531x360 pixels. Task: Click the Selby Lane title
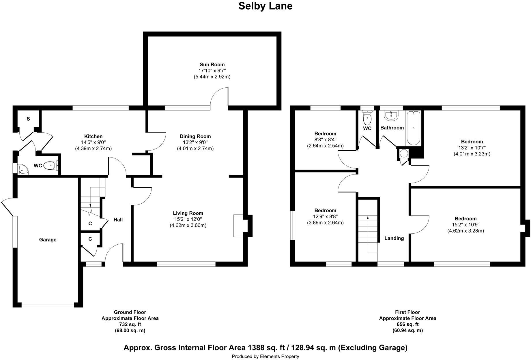(x=265, y=6)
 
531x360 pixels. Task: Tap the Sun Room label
(x=212, y=65)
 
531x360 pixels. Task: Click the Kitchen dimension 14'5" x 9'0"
(x=93, y=142)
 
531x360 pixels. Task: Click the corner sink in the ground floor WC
(x=22, y=169)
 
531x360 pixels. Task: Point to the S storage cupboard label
(x=28, y=119)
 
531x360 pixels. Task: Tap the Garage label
(x=48, y=240)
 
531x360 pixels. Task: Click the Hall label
(x=118, y=220)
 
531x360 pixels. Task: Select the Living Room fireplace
(x=238, y=226)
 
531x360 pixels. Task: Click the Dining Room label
(x=195, y=136)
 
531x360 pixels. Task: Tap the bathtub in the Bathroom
(x=413, y=128)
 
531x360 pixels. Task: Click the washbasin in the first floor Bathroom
(x=391, y=116)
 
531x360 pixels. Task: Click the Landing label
(x=394, y=238)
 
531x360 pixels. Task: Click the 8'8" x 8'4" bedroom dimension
(x=325, y=140)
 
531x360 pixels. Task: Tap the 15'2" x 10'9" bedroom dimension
(x=465, y=225)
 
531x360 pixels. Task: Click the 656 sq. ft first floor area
(x=407, y=325)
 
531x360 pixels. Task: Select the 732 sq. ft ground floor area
(x=130, y=325)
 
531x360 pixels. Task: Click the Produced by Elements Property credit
(x=265, y=357)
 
